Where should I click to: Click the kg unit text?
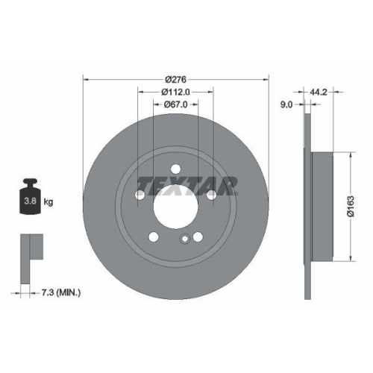48,201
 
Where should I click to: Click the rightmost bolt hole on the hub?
211,195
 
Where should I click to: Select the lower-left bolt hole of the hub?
153,237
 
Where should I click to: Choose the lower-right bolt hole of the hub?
198,237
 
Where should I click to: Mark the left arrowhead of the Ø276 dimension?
85,78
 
